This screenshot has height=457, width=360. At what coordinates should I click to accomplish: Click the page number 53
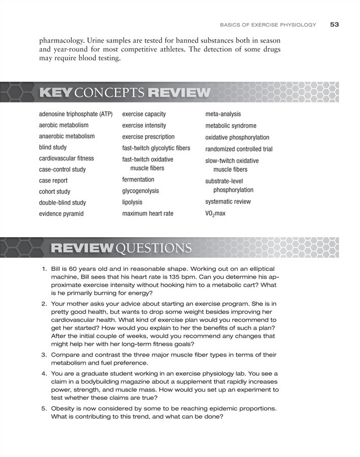click(335, 24)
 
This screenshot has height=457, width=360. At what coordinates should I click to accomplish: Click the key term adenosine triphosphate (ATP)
click(75, 114)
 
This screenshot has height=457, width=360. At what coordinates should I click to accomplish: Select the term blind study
click(53, 147)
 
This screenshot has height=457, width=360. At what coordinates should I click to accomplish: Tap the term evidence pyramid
click(61, 214)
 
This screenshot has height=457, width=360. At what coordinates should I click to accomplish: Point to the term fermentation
click(138, 180)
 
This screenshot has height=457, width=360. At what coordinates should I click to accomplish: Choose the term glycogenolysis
click(141, 191)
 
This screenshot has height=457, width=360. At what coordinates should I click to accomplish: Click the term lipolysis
click(133, 202)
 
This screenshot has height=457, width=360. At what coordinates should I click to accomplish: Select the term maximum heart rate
click(148, 214)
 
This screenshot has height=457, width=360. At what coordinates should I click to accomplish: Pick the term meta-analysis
click(223, 114)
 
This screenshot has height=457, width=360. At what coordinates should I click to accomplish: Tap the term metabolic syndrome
click(231, 125)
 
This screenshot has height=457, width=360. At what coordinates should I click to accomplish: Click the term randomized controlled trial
click(239, 149)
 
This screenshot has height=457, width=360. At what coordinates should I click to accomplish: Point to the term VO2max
click(215, 214)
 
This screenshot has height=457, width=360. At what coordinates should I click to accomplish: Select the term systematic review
click(228, 201)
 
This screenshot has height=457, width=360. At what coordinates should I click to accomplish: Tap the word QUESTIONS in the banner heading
click(154, 248)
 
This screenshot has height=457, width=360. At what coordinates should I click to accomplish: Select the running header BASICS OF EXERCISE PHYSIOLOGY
click(268, 24)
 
